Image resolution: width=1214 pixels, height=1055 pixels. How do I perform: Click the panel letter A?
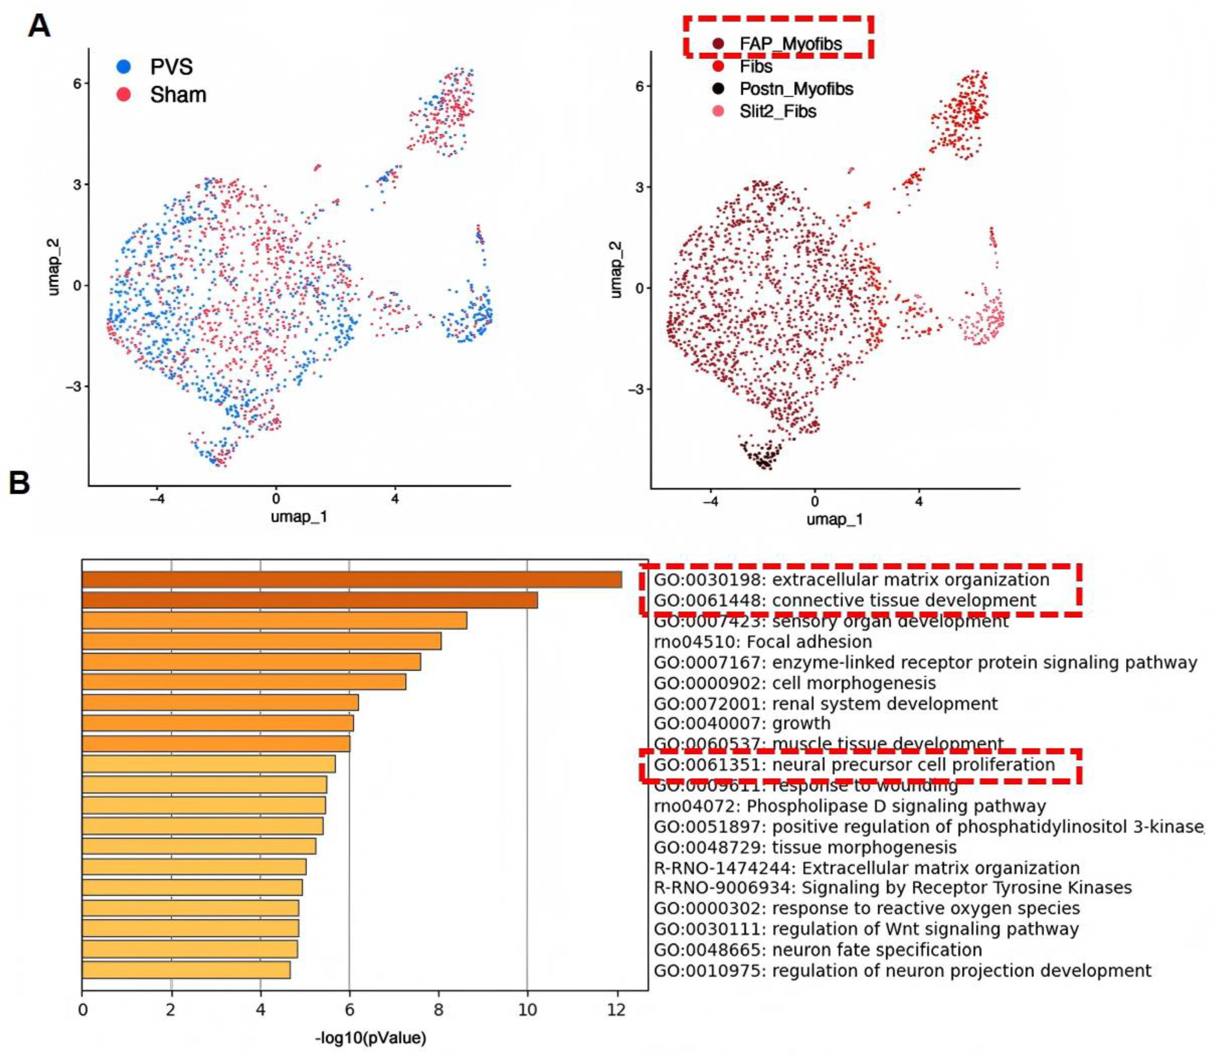point(39,27)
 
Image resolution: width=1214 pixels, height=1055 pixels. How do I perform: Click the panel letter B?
point(19,484)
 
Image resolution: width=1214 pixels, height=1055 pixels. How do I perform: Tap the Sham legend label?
point(178,95)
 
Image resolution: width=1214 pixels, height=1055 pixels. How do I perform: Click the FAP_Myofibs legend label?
point(791,44)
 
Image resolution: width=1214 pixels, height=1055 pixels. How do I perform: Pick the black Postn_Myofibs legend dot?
point(718,89)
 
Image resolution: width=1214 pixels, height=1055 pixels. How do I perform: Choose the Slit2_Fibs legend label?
point(778,111)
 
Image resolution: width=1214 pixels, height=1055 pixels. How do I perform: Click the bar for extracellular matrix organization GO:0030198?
point(352,580)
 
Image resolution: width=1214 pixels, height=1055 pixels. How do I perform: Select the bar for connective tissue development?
point(309,600)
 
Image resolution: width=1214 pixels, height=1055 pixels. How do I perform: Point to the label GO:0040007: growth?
point(742,723)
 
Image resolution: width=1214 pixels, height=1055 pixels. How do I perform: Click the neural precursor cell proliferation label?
point(854,765)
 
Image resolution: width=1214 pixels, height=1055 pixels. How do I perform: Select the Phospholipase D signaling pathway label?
point(849,806)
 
